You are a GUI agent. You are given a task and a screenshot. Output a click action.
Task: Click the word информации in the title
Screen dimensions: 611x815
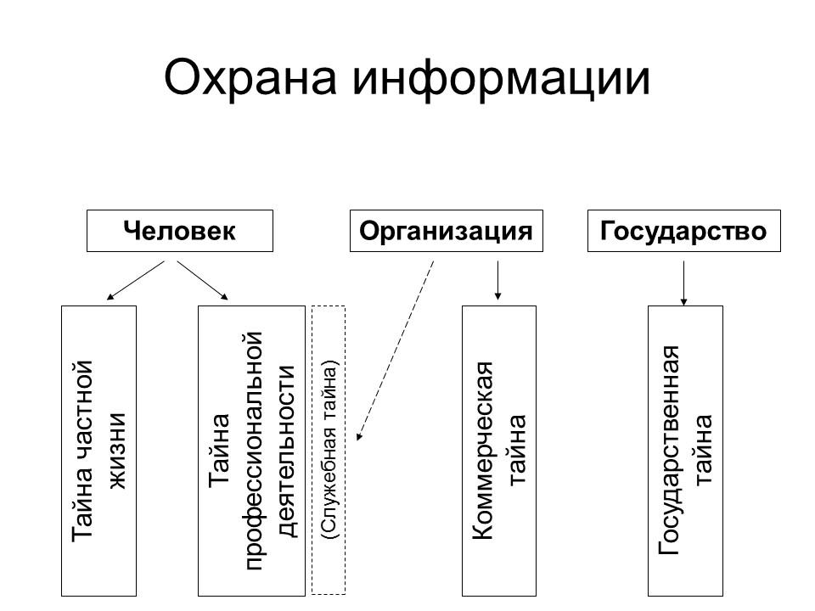[x=502, y=79]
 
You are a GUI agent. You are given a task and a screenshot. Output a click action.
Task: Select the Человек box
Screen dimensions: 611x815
[x=180, y=231]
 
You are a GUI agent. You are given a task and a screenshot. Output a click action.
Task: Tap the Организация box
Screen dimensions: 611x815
[x=446, y=231]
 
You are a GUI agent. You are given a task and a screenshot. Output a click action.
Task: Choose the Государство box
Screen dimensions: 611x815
[x=683, y=231]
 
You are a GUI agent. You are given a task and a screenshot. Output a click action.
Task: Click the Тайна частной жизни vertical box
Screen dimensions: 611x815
[x=99, y=451]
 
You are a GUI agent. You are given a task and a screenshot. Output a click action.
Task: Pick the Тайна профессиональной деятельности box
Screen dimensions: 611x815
[x=250, y=451]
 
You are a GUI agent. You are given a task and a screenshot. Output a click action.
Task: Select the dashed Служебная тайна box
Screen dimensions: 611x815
[x=329, y=451]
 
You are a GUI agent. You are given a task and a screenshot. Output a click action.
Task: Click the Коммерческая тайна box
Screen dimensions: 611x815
[x=498, y=451]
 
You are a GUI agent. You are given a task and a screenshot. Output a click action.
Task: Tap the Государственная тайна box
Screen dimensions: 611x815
[x=685, y=451]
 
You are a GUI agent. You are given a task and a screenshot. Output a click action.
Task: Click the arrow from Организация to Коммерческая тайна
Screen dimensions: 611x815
[x=497, y=280]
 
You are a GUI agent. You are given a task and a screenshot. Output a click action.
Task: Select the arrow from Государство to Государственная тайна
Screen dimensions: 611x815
[x=684, y=282]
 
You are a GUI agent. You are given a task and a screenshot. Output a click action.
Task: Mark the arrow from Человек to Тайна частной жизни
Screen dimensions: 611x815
[x=136, y=280]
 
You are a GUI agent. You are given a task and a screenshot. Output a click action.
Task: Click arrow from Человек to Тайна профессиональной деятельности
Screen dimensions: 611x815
[x=203, y=280]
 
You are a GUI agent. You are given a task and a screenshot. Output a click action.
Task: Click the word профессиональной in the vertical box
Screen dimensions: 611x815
[x=251, y=451]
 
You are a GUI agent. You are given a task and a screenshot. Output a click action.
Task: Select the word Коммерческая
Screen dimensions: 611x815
[x=481, y=451]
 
